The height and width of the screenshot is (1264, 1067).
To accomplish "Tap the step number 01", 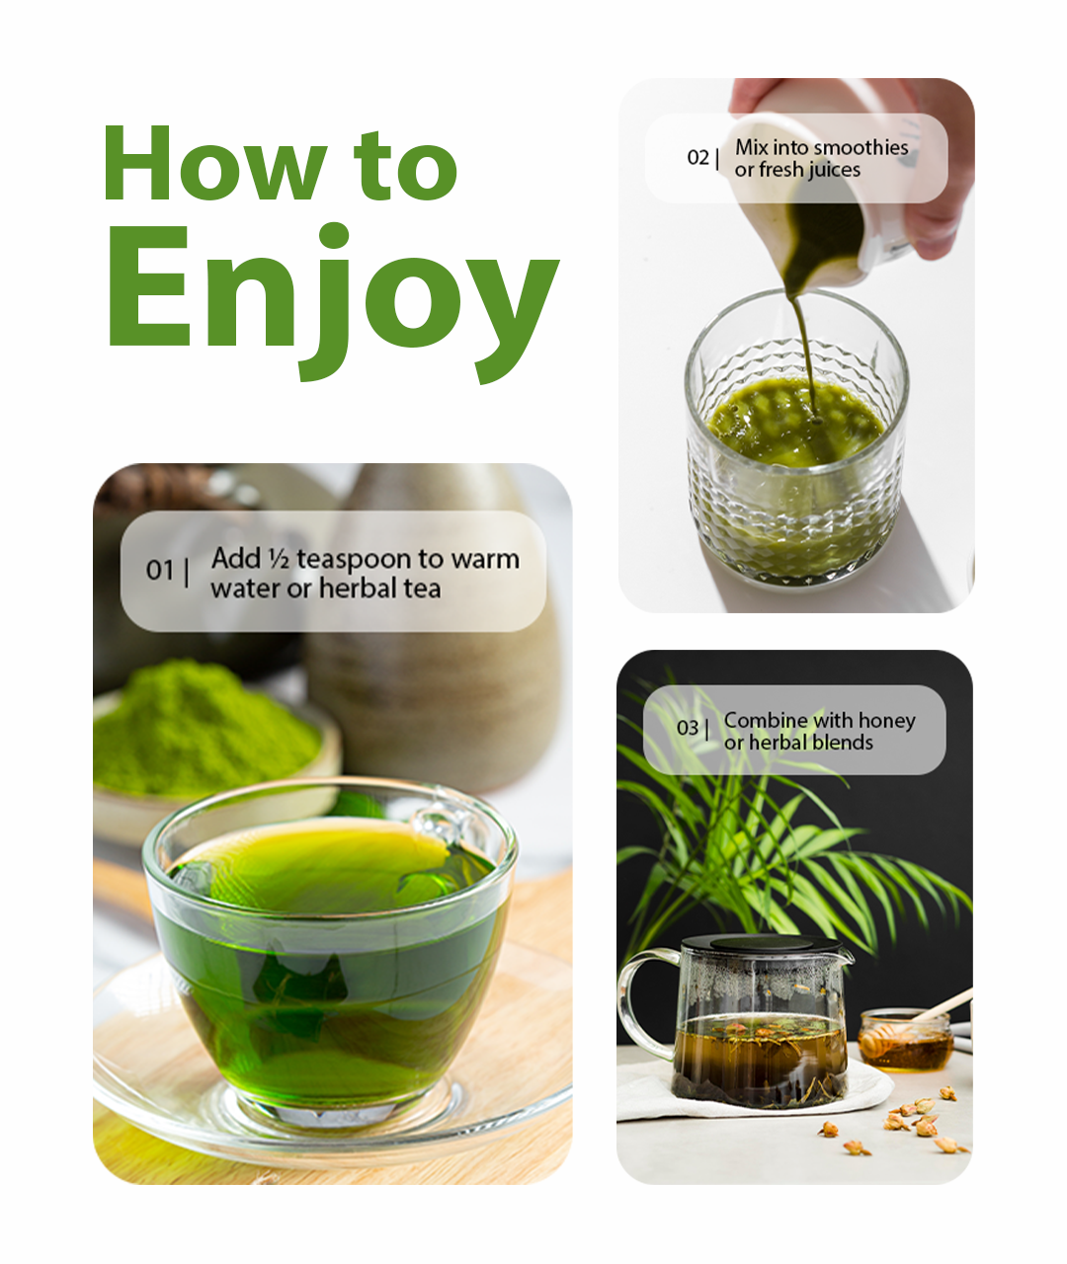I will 159,571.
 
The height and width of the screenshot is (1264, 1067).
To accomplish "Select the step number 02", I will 698,158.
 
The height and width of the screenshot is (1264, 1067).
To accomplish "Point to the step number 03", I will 687,729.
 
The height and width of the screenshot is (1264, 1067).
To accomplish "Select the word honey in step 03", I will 886,721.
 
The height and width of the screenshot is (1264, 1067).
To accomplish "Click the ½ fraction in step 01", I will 278,559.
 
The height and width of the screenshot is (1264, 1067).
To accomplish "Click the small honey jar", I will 904,1042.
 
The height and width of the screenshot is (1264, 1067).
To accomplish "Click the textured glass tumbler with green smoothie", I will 796,464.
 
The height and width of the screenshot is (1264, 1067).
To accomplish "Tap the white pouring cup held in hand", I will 840,188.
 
